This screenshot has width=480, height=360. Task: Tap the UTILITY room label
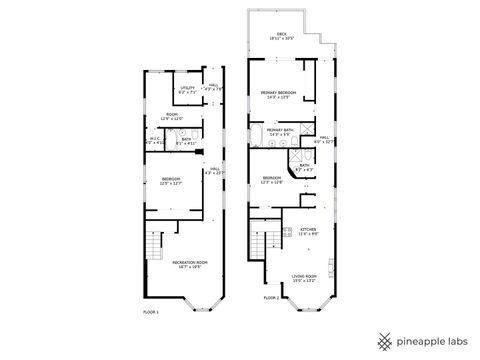pyautogui.click(x=187, y=89)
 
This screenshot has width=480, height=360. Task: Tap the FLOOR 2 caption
pyautogui.click(x=272, y=297)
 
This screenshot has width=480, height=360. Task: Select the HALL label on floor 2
pyautogui.click(x=323, y=140)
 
